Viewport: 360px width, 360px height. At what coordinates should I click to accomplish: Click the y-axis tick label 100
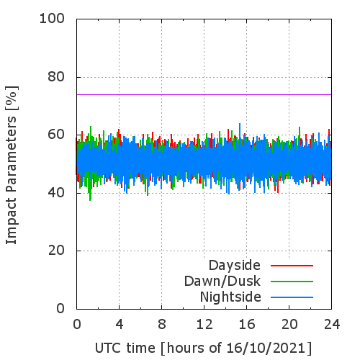point(52,19)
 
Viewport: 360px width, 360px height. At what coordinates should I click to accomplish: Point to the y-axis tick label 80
point(56,77)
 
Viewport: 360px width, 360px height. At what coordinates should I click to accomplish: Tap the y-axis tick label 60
point(56,135)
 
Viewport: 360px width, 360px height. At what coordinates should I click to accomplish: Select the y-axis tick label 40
point(56,192)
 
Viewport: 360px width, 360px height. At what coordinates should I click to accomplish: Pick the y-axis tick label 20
point(56,251)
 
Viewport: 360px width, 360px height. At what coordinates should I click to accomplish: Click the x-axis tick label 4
point(120,324)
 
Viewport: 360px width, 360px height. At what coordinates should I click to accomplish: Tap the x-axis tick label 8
point(162,324)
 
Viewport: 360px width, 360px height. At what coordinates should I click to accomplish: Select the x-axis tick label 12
point(204,324)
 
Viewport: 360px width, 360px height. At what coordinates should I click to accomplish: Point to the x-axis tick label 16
point(247,324)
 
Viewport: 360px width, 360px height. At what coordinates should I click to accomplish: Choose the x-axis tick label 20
point(289,324)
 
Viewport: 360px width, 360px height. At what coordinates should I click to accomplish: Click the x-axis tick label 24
point(332,324)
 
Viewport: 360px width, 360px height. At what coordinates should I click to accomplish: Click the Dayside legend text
point(235,266)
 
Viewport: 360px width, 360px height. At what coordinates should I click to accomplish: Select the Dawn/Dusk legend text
point(222,281)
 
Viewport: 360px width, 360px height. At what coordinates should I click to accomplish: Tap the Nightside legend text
point(230,297)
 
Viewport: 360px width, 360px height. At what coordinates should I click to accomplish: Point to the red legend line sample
point(292,266)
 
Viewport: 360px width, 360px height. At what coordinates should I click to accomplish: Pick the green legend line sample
point(292,282)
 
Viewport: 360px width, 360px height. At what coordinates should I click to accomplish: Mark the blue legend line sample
point(292,297)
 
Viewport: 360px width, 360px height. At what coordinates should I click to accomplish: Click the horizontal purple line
point(204,94)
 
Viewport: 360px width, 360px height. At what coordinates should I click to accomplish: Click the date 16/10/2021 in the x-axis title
point(266,348)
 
